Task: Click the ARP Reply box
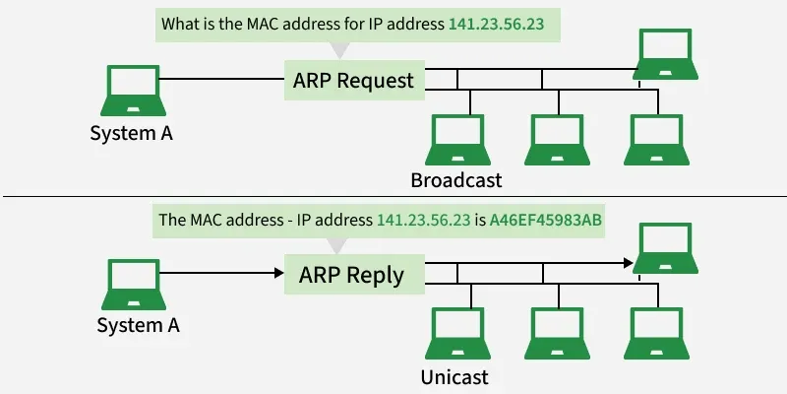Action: pyautogui.click(x=351, y=274)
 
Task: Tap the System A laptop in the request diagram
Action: pyautogui.click(x=131, y=92)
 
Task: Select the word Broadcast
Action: pyautogui.click(x=456, y=180)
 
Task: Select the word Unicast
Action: pyautogui.click(x=454, y=376)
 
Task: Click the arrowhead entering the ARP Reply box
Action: pyautogui.click(x=278, y=275)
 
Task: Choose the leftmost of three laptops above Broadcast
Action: pyautogui.click(x=459, y=139)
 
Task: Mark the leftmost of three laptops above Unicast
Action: pyautogui.click(x=459, y=334)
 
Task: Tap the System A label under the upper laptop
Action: pyautogui.click(x=131, y=133)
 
